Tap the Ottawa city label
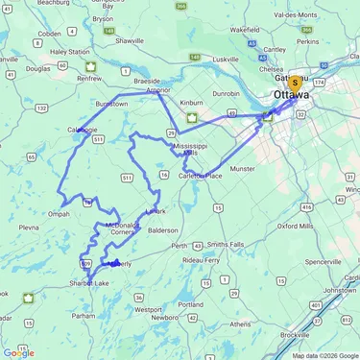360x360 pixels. [x=292, y=97]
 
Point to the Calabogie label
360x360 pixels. [x=83, y=130]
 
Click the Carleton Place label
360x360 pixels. [x=202, y=177]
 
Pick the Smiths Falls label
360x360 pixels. [x=226, y=245]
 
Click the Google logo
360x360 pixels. [x=19, y=352]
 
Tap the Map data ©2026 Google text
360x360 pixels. [x=324, y=355]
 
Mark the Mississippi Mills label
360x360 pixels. [x=189, y=148]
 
